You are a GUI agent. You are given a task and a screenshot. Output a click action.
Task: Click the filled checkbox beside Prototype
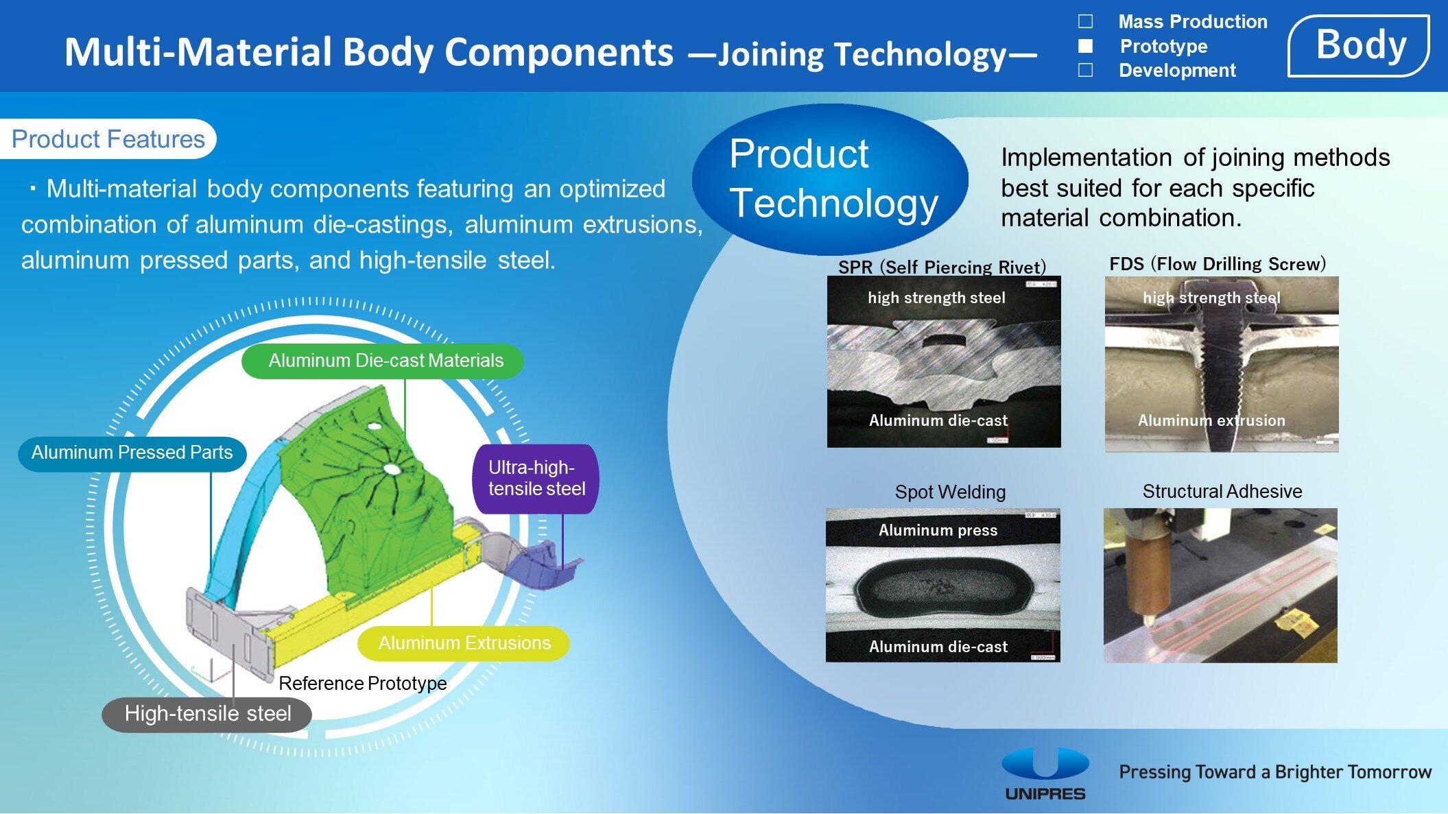tap(1086, 46)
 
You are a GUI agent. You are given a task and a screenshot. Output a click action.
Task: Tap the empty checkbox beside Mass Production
tap(1086, 21)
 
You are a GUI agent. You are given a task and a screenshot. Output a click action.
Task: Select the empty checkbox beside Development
tap(1086, 70)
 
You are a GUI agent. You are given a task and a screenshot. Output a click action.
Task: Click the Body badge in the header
tap(1359, 46)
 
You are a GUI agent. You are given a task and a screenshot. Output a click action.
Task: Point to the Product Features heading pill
tap(108, 139)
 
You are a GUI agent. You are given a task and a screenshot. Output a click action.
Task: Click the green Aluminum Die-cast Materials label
tap(383, 361)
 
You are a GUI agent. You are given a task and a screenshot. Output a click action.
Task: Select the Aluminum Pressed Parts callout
tap(132, 453)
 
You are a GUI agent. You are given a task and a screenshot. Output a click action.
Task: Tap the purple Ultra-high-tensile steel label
tap(536, 479)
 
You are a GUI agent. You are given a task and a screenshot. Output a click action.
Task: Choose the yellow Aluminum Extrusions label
tap(464, 643)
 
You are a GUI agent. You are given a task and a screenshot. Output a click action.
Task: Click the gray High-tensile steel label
tap(207, 715)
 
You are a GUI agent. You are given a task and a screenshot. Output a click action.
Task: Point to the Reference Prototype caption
tap(362, 684)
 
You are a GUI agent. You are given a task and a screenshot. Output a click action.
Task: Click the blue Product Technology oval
tap(830, 180)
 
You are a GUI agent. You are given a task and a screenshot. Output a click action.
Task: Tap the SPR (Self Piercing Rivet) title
tap(942, 267)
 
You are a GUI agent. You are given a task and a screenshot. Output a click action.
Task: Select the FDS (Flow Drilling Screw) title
tap(1218, 264)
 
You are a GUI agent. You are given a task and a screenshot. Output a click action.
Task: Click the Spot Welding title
tap(950, 492)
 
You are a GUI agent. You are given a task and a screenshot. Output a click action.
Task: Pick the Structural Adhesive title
tap(1222, 491)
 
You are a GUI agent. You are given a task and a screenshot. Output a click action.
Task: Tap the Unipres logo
tap(1045, 774)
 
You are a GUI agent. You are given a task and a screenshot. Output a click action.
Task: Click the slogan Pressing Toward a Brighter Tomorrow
tap(1275, 772)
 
